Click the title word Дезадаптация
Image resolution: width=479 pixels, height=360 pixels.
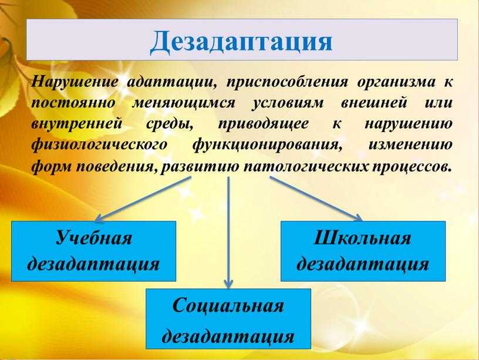pos(241,42)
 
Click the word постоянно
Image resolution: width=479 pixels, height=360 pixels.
pos(73,103)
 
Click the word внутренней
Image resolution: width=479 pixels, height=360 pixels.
pos(77,125)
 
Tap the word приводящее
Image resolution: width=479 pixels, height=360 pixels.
pos(263,125)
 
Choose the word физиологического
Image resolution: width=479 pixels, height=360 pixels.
pos(100,145)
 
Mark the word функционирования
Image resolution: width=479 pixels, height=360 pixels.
pos(267,145)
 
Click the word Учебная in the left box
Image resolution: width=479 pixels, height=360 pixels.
pos(94,237)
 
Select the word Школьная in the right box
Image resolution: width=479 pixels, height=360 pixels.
pos(363,237)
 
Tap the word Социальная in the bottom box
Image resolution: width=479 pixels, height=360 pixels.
pos(228,305)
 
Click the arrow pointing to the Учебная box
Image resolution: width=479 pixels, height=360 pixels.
pos(143,199)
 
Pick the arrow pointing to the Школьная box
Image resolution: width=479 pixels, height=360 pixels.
pos(316,198)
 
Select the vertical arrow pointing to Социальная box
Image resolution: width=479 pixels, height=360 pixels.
pos(228,232)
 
